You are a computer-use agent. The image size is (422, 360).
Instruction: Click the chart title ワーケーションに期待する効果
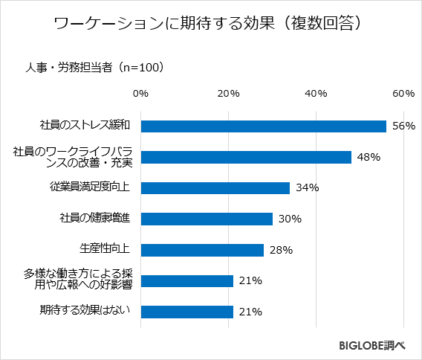point(210,24)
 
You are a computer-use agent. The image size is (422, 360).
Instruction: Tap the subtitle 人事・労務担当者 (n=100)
point(94,67)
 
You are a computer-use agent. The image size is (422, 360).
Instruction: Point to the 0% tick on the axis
point(140,94)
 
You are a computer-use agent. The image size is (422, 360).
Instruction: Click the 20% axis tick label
point(228,94)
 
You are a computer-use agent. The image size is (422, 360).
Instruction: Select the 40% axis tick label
point(316,94)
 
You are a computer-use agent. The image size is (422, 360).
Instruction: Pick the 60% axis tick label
point(403,94)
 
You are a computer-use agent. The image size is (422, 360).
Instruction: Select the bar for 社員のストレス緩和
point(263,126)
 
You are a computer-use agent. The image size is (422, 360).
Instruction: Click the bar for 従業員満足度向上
point(215,188)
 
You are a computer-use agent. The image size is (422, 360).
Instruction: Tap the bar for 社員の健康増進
point(206,219)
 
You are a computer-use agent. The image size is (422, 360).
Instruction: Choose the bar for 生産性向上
point(201,250)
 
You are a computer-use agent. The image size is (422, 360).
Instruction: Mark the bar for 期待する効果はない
point(186,312)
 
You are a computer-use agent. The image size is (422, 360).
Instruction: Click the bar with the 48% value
point(245,157)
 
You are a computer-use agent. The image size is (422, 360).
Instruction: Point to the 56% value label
point(403,126)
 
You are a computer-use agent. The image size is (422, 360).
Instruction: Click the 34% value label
point(307,188)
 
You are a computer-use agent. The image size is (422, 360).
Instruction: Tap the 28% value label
point(281,250)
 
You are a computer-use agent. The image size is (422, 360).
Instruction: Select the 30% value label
point(289,219)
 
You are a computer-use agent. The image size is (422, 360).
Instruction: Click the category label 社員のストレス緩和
point(85,126)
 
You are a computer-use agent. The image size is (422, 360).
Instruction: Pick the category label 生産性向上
point(105,249)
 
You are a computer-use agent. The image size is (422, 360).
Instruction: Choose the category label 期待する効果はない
point(85,311)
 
